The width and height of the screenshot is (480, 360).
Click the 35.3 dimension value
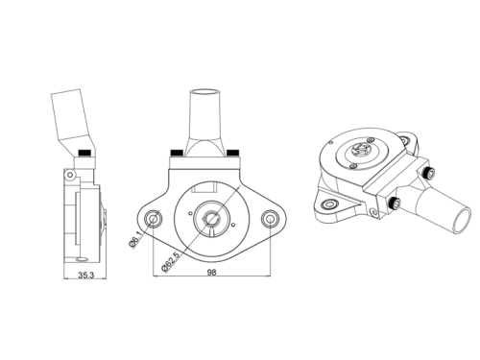pyautogui.click(x=86, y=275)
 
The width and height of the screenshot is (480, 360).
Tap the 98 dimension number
pyautogui.click(x=211, y=273)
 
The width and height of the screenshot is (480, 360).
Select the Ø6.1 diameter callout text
pyautogui.click(x=136, y=239)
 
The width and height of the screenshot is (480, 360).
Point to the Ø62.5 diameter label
pyautogui.click(x=171, y=261)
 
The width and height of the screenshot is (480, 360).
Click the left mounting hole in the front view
pyautogui.click(x=154, y=219)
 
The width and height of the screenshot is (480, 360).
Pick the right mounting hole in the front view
pyautogui.click(x=270, y=219)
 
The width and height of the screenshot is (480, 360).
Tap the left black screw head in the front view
pyautogui.click(x=177, y=153)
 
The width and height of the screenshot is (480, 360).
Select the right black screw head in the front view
pyautogui.click(x=232, y=153)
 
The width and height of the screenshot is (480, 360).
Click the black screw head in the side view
pyautogui.click(x=84, y=153)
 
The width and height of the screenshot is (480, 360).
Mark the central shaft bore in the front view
pyautogui.click(x=211, y=219)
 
